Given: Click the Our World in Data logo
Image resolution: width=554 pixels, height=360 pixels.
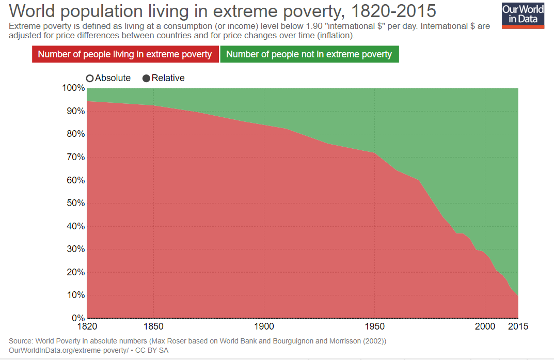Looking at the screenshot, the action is click(x=523, y=15).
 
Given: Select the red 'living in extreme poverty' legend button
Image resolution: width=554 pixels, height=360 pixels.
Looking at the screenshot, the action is click(x=125, y=54).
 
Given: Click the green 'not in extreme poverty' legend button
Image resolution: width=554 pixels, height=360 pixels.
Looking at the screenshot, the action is click(x=309, y=54).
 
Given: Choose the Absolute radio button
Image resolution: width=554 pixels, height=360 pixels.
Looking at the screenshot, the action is click(x=90, y=79).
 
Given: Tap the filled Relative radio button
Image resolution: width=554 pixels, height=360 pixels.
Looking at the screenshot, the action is click(x=146, y=79).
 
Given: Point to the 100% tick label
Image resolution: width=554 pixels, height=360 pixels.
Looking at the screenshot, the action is click(x=73, y=88).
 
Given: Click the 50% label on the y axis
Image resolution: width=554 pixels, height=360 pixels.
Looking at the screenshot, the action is click(x=75, y=203).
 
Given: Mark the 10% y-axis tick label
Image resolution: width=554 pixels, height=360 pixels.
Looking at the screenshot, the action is click(x=75, y=295).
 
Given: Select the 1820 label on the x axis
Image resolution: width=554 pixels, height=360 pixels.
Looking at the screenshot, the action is click(x=87, y=326).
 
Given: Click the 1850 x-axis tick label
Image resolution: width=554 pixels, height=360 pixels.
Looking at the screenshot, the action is click(x=153, y=326).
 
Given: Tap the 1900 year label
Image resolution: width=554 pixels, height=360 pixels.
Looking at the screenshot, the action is click(x=264, y=326).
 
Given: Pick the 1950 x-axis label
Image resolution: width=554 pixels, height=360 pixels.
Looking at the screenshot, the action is click(x=374, y=326).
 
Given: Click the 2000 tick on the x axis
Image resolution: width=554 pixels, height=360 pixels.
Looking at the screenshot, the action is click(x=485, y=326).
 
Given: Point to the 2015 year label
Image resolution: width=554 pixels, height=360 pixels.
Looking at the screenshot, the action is click(x=518, y=326).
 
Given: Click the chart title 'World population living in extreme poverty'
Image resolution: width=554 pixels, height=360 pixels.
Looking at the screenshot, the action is click(x=177, y=11).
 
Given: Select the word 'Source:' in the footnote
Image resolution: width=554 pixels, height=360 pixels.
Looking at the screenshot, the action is click(x=21, y=341).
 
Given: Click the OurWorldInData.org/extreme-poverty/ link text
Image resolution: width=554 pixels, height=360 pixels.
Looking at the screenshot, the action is click(x=69, y=351).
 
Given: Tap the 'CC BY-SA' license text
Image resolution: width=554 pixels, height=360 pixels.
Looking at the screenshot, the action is click(x=152, y=351).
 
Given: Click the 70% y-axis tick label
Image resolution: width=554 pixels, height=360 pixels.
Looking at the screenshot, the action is click(x=75, y=157).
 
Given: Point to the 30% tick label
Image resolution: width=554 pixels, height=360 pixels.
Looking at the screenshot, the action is click(x=75, y=249).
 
